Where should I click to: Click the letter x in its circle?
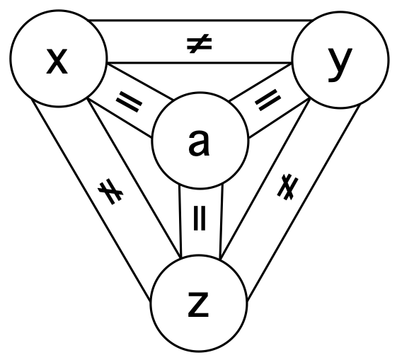[x=57, y=62]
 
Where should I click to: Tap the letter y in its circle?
[x=340, y=65]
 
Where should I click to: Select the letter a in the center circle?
[x=199, y=143]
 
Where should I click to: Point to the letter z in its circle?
[x=198, y=304]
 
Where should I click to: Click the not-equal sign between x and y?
[x=199, y=44]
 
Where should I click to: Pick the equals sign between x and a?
[x=129, y=102]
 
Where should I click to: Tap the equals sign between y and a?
[x=268, y=100]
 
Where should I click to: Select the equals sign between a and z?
[x=200, y=218]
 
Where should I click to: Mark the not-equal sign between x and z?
[x=110, y=192]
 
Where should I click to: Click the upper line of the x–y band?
[x=200, y=20]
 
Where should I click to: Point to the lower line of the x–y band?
[x=200, y=62]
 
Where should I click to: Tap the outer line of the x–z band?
[x=91, y=200]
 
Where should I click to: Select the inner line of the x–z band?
[x=134, y=178]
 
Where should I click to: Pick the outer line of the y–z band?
[x=304, y=203]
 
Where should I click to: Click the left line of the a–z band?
[x=180, y=222]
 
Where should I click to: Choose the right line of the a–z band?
[x=221, y=222]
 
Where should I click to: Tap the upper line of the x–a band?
[x=141, y=83]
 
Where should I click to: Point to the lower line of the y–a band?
[x=280, y=117]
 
